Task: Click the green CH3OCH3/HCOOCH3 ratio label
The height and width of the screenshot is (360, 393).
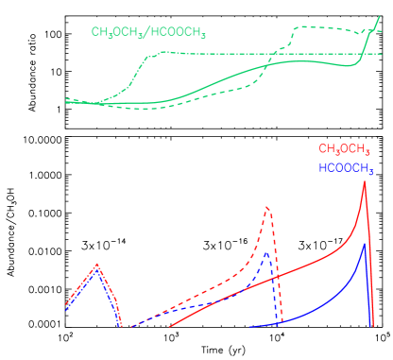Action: pos(148,32)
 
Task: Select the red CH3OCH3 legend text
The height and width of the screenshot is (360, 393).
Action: pos(344,149)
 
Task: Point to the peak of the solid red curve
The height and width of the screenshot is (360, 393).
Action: pos(365,182)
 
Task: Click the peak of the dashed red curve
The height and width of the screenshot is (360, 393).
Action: pos(268,206)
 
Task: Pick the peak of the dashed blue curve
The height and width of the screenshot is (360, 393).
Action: pos(267,252)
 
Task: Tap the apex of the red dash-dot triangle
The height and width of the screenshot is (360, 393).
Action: pos(97,264)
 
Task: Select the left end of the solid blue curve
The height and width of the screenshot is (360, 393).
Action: pos(249,327)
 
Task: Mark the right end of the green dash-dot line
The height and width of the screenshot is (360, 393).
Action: pos(382,54)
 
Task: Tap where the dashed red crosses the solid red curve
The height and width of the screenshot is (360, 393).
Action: pos(277,277)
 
